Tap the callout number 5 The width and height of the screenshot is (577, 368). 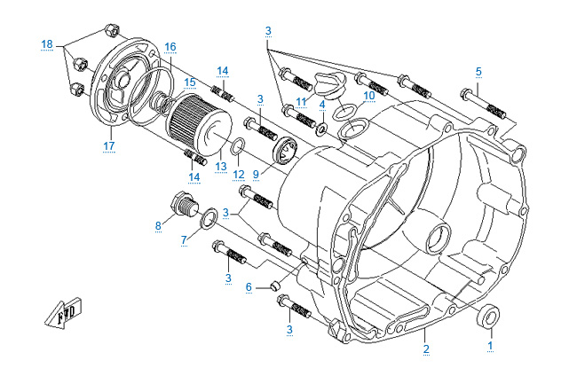tap(478, 70)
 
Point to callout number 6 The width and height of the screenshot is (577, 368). tap(249, 286)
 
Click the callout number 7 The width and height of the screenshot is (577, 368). tap(184, 239)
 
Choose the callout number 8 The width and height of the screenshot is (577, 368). tap(158, 225)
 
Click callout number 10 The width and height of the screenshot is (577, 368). tap(369, 93)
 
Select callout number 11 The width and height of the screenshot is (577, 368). tap(302, 101)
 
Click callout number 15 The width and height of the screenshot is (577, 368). tap(190, 82)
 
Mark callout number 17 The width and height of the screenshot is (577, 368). tap(109, 145)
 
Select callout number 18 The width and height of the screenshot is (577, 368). tap(47, 43)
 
